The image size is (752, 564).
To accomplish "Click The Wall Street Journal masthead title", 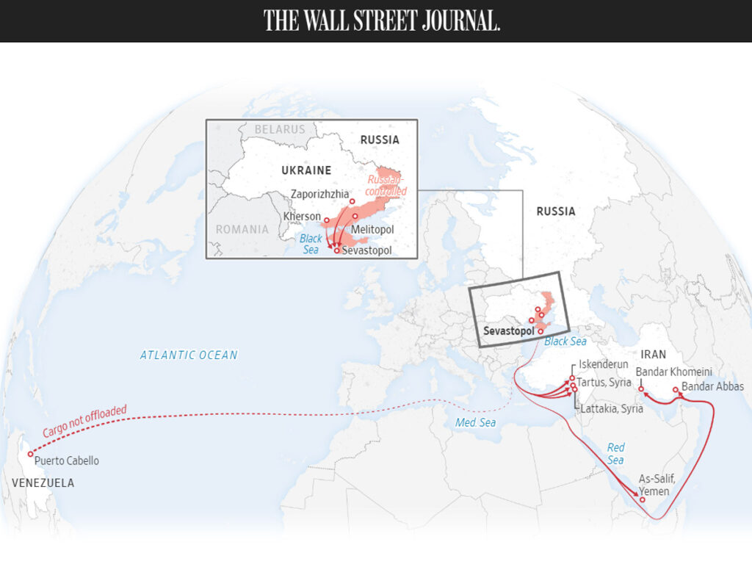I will (382, 21).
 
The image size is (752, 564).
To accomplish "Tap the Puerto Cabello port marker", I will (30, 455).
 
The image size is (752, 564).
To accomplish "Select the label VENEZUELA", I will (43, 482).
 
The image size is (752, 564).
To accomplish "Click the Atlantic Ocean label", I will (189, 355).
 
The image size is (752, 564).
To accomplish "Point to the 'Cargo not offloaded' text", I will (84, 422).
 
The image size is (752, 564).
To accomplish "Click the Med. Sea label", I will (475, 422).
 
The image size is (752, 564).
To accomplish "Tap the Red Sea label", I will (615, 454).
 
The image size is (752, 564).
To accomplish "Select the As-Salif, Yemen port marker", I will (643, 500).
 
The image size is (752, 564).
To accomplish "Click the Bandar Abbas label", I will (712, 386).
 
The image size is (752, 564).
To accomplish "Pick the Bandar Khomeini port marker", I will (640, 389).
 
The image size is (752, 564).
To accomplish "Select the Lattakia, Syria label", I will (611, 408).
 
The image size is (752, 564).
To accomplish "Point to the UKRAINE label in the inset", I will (306, 170).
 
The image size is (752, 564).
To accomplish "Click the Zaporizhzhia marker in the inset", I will (352, 201).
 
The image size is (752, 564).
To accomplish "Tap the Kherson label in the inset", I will (302, 217).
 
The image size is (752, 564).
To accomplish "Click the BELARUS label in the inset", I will (280, 129).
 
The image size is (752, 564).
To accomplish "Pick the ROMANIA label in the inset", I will (242, 229).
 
